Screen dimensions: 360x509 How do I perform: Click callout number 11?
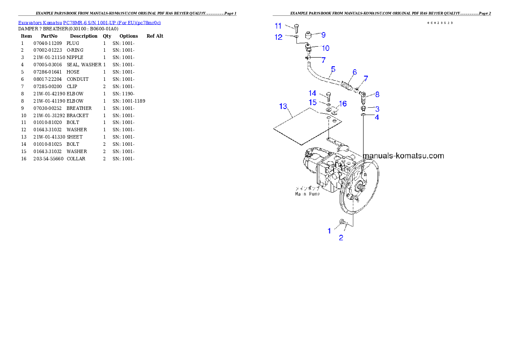[278, 26]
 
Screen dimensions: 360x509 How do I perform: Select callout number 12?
[278, 37]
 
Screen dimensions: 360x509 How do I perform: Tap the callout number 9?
[323, 35]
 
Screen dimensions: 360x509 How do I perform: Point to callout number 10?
[325, 48]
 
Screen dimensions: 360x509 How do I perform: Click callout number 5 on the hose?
[333, 69]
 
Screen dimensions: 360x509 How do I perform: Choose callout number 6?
[355, 72]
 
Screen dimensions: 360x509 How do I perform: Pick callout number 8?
[377, 94]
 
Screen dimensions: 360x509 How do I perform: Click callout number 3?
[377, 109]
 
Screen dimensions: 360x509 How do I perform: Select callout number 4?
[376, 117]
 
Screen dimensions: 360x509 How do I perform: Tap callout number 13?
[283, 106]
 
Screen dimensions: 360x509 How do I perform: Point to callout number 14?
[313, 93]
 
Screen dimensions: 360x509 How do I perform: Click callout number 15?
[313, 103]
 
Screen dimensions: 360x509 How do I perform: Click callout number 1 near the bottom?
[329, 231]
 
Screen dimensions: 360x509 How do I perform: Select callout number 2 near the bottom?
[341, 238]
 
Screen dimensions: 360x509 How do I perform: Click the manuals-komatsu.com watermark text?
[403, 156]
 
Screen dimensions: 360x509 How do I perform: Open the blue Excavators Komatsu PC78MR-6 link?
[89, 23]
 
